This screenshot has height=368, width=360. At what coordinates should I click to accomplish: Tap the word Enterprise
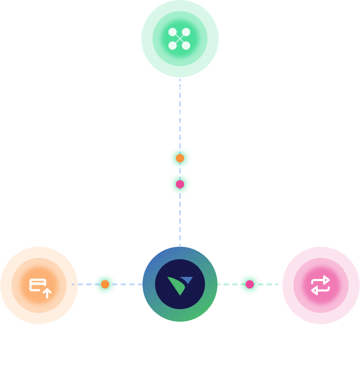click(x=180, y=90)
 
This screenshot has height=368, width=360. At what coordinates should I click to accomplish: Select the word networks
click(x=180, y=111)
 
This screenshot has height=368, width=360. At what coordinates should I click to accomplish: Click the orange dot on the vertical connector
click(x=180, y=158)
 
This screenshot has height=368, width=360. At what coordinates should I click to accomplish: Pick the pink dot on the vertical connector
click(x=180, y=184)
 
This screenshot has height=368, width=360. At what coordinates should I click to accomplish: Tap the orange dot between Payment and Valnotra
click(x=105, y=284)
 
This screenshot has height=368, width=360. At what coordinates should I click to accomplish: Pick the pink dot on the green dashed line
click(x=250, y=284)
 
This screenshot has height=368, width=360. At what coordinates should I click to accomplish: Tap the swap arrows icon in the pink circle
click(x=320, y=285)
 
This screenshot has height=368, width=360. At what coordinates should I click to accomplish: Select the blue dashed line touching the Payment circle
click(x=83, y=284)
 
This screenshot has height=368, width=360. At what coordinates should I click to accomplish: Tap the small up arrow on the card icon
click(x=47, y=293)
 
